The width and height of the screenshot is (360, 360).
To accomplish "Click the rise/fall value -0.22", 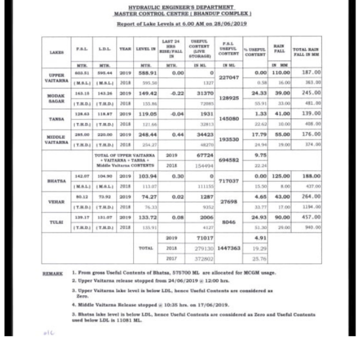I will (172, 92).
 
